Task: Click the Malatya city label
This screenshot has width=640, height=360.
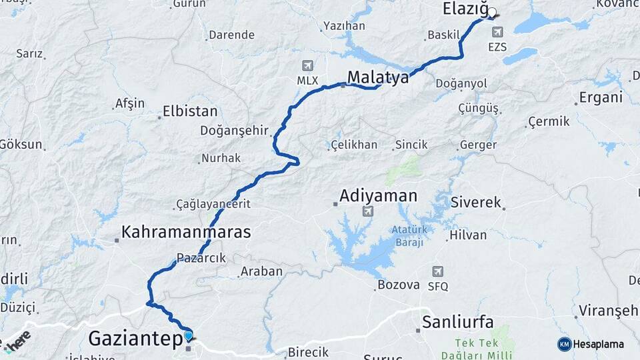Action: tap(377, 77)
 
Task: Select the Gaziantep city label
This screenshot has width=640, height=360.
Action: tap(135, 339)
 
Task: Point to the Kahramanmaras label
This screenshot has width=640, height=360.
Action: tap(186, 232)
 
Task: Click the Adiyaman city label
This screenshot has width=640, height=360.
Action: tap(378, 196)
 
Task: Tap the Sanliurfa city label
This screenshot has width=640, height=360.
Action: tap(458, 323)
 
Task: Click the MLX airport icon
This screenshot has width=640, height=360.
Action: tap(307, 65)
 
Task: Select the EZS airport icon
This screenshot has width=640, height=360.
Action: tap(497, 31)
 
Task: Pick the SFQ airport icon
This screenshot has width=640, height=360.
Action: tap(438, 271)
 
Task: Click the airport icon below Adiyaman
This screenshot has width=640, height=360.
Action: tap(367, 211)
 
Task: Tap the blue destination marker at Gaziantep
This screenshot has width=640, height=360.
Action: tap(189, 336)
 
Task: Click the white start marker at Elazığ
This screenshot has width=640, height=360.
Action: tap(492, 12)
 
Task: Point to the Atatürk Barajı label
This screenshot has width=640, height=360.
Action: tap(409, 236)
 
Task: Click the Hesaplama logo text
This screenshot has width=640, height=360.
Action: tap(599, 344)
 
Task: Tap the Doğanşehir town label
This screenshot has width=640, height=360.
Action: tap(235, 131)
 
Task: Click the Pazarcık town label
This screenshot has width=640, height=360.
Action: tap(201, 257)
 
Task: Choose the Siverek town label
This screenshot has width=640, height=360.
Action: tap(476, 202)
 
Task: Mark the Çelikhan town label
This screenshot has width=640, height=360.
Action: tap(353, 145)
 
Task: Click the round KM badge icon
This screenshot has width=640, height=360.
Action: tap(565, 344)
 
